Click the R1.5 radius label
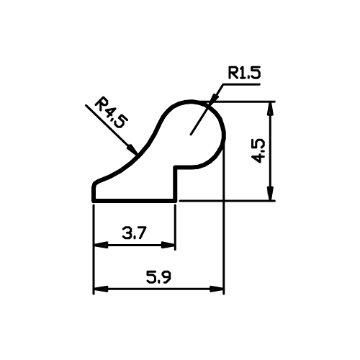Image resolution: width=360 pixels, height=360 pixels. (244, 73)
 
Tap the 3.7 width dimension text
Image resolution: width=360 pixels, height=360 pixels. (134, 233)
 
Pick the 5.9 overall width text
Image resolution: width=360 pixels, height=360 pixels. (158, 277)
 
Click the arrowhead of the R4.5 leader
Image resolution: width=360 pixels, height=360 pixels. (132, 148)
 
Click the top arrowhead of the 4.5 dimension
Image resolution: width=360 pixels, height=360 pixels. (271, 109)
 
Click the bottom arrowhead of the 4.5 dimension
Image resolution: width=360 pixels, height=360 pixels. (271, 193)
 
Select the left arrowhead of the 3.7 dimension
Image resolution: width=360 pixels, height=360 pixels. (101, 245)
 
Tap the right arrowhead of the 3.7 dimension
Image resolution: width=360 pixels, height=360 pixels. (168, 245)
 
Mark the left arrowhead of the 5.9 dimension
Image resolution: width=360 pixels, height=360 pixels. (101, 289)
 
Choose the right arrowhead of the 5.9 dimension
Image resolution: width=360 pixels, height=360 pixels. (217, 289)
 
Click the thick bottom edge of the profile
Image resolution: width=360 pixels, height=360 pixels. (135, 201)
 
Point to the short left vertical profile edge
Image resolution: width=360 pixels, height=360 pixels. (94, 192)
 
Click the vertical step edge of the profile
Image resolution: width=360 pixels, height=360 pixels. (176, 184)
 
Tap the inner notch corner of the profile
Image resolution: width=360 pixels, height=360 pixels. (176, 167)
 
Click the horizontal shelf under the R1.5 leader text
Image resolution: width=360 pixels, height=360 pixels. (241, 84)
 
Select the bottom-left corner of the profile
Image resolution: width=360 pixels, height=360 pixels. (94, 201)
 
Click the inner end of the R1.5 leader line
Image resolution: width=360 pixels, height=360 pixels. (190, 135)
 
